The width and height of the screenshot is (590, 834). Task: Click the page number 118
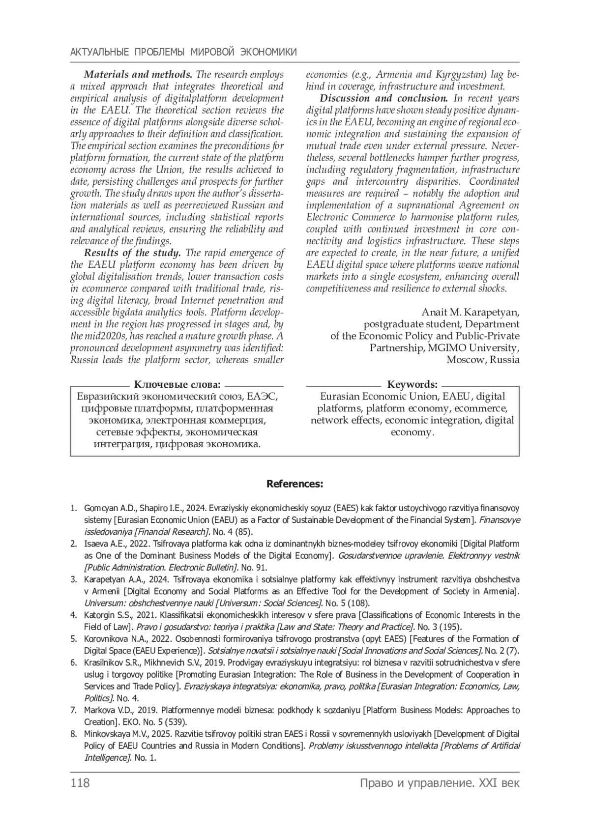point(80,783)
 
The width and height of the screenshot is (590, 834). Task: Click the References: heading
point(295,484)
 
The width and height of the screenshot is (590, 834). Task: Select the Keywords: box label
point(412,384)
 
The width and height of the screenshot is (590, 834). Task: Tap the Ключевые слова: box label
point(177,384)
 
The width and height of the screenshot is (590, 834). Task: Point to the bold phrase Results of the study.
point(133,253)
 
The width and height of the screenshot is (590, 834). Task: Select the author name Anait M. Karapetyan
point(470,313)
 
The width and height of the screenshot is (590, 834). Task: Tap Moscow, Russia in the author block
point(482,360)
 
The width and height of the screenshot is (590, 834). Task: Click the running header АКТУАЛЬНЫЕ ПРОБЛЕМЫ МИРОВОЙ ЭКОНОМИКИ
point(183,52)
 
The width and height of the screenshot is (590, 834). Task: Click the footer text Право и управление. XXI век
point(439,783)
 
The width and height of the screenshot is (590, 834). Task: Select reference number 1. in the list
point(74,508)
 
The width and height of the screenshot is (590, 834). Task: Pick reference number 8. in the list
point(74,734)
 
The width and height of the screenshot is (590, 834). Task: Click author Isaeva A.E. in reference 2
point(104,544)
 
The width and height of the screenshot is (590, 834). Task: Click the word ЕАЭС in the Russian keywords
point(262,397)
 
